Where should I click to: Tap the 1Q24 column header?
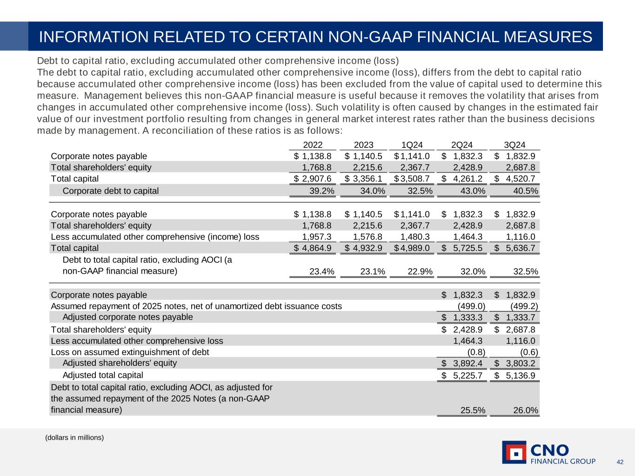click(x=412, y=145)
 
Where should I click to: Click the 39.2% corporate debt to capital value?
click(x=322, y=191)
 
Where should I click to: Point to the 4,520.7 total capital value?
click(x=520, y=179)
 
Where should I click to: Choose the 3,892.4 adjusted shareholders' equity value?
click(x=468, y=364)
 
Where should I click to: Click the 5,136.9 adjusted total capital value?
click(x=520, y=375)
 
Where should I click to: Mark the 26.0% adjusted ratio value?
click(x=525, y=410)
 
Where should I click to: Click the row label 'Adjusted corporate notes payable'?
click(x=127, y=317)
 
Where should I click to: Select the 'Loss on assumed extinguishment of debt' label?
click(x=130, y=352)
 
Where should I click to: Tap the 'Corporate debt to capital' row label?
click(x=110, y=191)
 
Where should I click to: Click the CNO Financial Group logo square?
click(x=514, y=452)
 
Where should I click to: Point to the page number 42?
click(x=620, y=462)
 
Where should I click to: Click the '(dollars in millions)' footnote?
click(x=74, y=438)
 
